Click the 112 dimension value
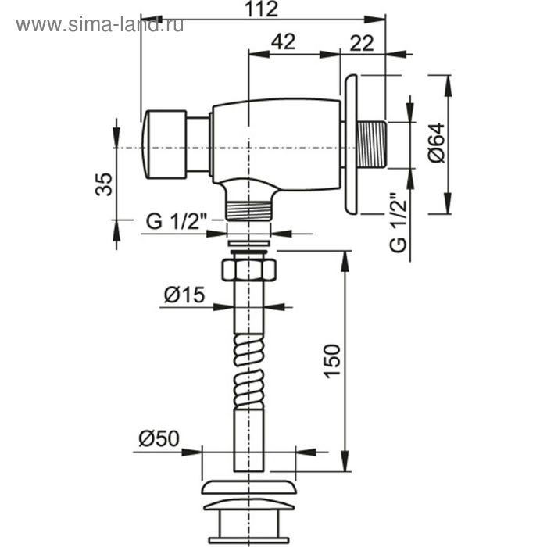click(x=261, y=9)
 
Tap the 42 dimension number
click(x=283, y=41)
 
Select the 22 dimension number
click(x=362, y=44)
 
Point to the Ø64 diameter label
click(x=438, y=143)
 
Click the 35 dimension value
click(x=104, y=184)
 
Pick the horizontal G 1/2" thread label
click(x=176, y=221)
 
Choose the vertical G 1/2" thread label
click(x=399, y=222)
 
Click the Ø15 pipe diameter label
click(x=184, y=295)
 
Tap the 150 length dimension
click(x=332, y=361)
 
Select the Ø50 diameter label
click(x=159, y=438)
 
